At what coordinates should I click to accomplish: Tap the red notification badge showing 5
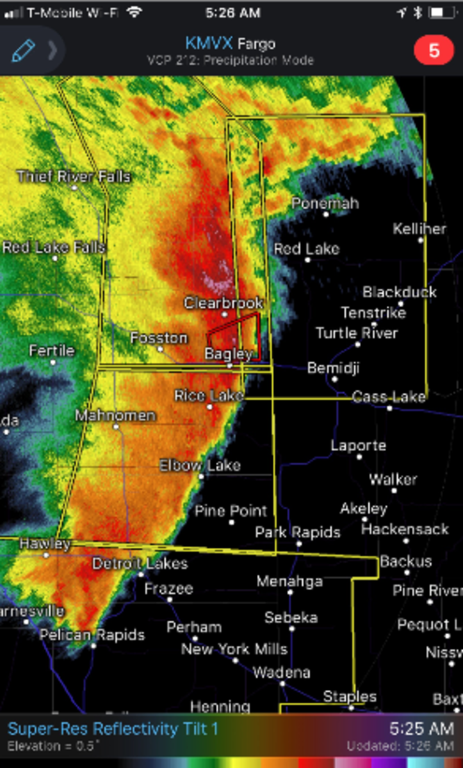[x=434, y=51]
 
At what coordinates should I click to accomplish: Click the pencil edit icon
[x=23, y=50]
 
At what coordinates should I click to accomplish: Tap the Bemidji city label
[x=333, y=368]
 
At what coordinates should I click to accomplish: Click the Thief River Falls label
[x=74, y=177]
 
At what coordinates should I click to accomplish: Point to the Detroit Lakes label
[x=140, y=564]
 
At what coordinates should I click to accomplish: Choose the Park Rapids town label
[x=297, y=532]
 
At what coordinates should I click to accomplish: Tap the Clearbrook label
[x=223, y=303]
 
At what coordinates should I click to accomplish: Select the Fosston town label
[x=159, y=338]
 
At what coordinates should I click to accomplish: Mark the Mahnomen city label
[x=115, y=416]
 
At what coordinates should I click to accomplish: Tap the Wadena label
[x=281, y=673]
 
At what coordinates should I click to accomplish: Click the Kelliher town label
[x=419, y=228]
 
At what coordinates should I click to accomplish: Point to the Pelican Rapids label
[x=92, y=636]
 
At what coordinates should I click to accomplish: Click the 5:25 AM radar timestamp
[x=421, y=728]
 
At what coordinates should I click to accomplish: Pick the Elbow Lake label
[x=200, y=465]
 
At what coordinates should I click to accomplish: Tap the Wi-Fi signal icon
[x=134, y=12]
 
